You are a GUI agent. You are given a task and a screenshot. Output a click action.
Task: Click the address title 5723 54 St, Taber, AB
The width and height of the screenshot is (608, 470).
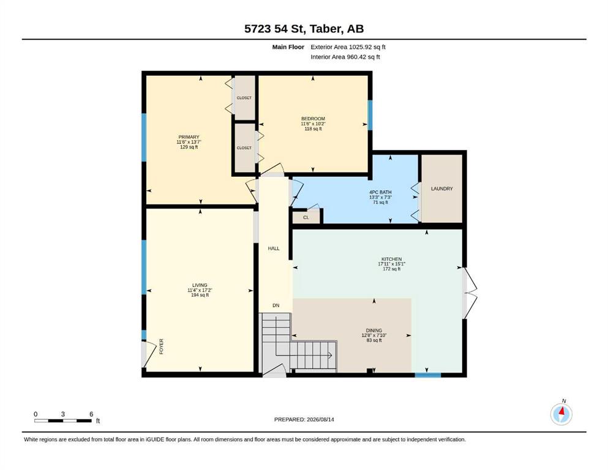[304, 29]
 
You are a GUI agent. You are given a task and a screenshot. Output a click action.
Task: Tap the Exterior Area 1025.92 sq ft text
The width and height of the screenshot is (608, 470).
[348, 47]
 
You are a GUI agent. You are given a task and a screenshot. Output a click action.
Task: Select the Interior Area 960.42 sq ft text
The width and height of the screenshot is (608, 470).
[345, 57]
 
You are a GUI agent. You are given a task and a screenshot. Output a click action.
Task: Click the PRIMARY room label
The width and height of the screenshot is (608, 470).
[189, 137]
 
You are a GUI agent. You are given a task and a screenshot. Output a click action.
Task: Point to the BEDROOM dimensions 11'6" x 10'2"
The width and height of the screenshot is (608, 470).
[313, 124]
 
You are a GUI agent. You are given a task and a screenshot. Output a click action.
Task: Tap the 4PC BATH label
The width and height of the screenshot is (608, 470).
[380, 192]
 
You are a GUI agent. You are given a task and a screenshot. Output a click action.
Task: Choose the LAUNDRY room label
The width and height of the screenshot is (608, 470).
[441, 188]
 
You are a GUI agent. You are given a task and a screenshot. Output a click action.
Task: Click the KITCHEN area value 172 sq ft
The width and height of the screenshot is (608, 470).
[392, 269]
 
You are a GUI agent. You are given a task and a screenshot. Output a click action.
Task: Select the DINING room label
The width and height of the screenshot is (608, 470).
[373, 330]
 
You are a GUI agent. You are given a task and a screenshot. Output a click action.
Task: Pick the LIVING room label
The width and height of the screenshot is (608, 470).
[200, 285]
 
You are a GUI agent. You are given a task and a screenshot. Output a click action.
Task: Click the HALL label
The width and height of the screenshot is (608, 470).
[274, 248]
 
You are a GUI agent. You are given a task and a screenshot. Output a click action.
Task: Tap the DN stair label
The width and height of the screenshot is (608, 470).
[276, 305]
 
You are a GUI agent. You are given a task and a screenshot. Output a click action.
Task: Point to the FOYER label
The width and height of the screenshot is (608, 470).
[161, 346]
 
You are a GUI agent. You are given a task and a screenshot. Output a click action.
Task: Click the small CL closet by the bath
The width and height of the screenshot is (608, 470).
[306, 217]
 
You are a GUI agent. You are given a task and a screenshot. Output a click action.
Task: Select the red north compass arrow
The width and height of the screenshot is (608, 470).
[562, 411]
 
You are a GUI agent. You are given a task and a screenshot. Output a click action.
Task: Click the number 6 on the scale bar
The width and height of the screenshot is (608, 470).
[91, 414]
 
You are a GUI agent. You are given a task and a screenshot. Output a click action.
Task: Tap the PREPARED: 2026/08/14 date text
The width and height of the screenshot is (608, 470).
[304, 419]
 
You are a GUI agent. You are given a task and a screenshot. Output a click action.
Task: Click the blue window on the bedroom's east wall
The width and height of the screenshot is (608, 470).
[370, 115]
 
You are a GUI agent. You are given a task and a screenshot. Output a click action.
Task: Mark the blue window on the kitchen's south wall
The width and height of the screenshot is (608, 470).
[428, 375]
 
